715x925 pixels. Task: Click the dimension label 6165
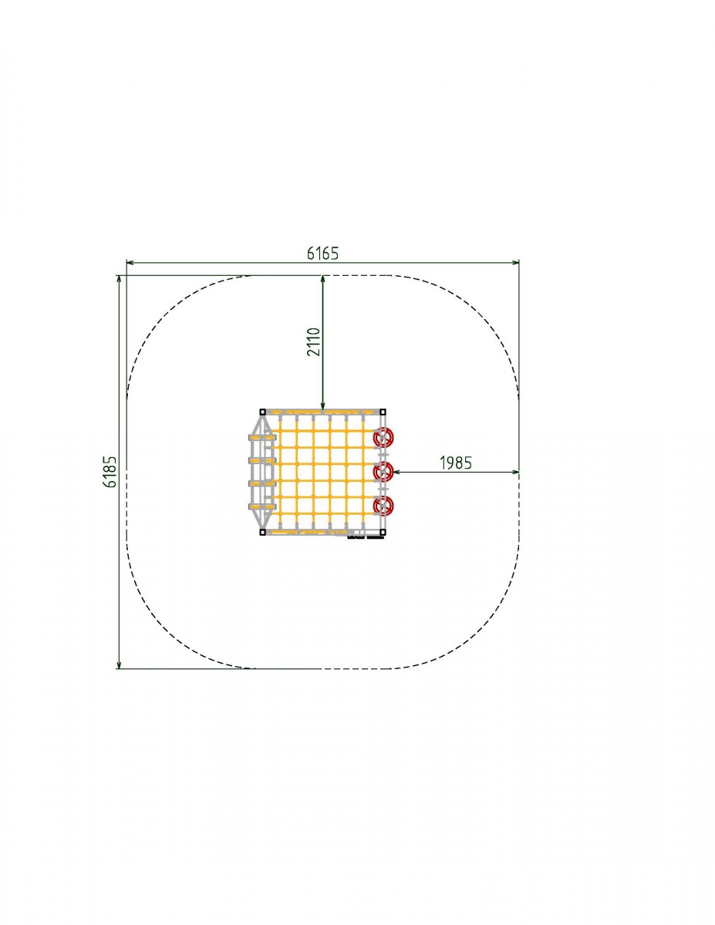323,254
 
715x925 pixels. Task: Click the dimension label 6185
110,472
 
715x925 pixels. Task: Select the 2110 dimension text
313,341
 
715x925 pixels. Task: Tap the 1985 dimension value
456,462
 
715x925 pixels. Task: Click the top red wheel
383,438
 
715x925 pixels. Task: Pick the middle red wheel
383,472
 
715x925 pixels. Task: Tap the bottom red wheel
383,506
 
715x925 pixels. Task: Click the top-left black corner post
263,412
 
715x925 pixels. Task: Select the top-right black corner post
383,412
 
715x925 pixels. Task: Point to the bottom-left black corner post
263,532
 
